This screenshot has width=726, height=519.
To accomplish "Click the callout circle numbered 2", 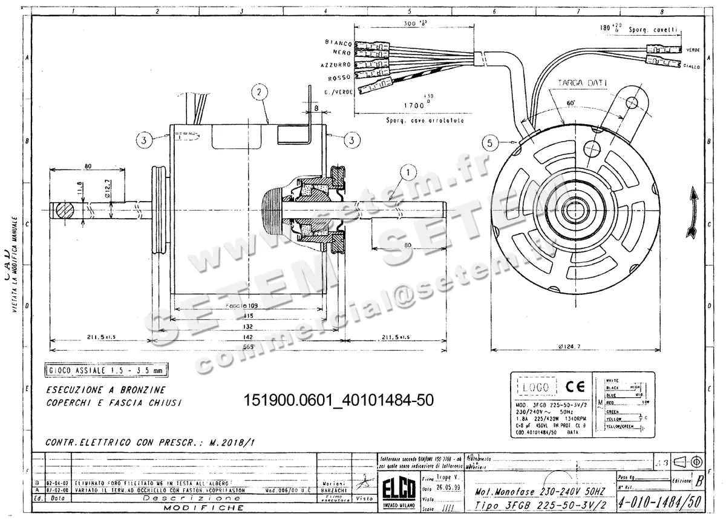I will [259, 92].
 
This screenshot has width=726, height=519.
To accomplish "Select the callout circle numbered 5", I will [492, 144].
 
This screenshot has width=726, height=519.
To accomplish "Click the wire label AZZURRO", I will [336, 65].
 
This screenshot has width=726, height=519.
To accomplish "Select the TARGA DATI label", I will [581, 82].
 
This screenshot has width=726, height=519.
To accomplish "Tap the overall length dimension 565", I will [248, 346].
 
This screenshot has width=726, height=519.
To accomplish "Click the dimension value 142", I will [249, 336].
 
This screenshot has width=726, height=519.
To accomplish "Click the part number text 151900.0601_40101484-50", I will [338, 401].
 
